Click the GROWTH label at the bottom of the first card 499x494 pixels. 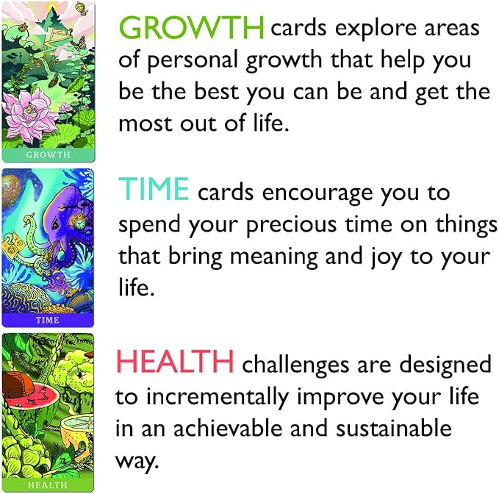pyautogui.click(x=48, y=155)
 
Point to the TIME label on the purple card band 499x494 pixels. pyautogui.click(x=48, y=321)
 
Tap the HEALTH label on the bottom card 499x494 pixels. pyautogui.click(x=48, y=485)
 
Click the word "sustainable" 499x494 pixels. pyautogui.click(x=403, y=428)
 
